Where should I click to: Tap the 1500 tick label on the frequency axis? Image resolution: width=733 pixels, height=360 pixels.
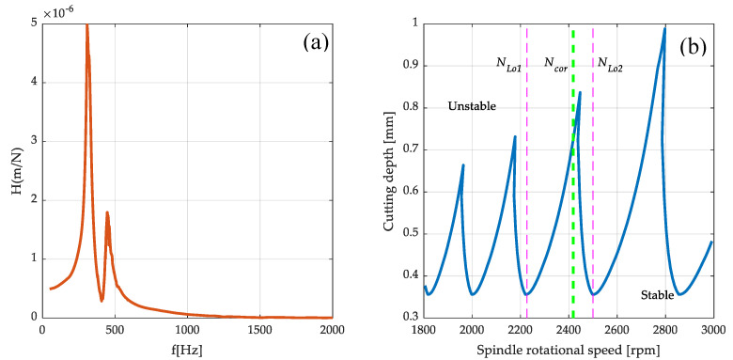pos(260,330)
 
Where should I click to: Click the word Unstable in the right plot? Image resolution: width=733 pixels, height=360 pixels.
pos(472,106)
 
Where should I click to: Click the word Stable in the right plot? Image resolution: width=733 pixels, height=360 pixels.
pos(657,295)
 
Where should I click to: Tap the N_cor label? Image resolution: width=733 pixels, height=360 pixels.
pos(555,63)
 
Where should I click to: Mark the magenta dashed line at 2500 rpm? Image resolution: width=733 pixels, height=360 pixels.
pos(593,188)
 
